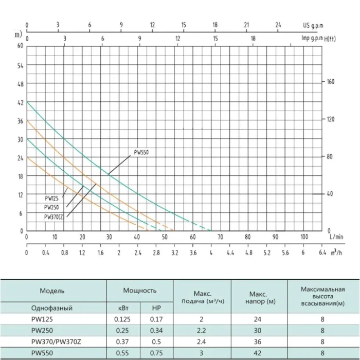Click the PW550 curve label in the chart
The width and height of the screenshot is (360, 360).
(x=141, y=152)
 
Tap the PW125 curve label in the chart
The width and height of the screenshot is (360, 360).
(x=51, y=199)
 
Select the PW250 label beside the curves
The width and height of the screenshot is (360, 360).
(x=51, y=207)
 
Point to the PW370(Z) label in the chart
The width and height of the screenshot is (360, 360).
(x=53, y=217)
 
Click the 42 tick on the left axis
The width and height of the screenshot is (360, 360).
(x=21, y=103)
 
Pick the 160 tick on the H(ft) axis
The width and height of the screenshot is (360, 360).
(x=331, y=81)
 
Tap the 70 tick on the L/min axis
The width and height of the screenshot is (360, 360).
(x=220, y=237)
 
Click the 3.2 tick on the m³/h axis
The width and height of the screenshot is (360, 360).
(x=174, y=253)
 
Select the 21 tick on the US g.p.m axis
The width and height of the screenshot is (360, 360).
(x=246, y=25)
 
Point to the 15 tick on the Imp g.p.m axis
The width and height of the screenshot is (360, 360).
(x=215, y=39)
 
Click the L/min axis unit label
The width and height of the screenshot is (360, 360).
(x=336, y=237)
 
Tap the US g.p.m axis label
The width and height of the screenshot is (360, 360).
(x=313, y=26)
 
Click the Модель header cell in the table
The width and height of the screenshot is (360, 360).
(x=52, y=291)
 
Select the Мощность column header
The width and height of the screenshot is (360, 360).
(x=139, y=291)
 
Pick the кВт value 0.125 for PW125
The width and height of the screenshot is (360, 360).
(x=122, y=319)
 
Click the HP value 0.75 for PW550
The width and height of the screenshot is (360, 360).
(x=156, y=353)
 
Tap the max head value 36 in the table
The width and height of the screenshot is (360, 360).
(x=258, y=341)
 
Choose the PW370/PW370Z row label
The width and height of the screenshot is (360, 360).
(x=56, y=342)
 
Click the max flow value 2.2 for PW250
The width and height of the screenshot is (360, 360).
(x=202, y=330)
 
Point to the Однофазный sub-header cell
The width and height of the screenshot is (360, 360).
(x=51, y=308)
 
